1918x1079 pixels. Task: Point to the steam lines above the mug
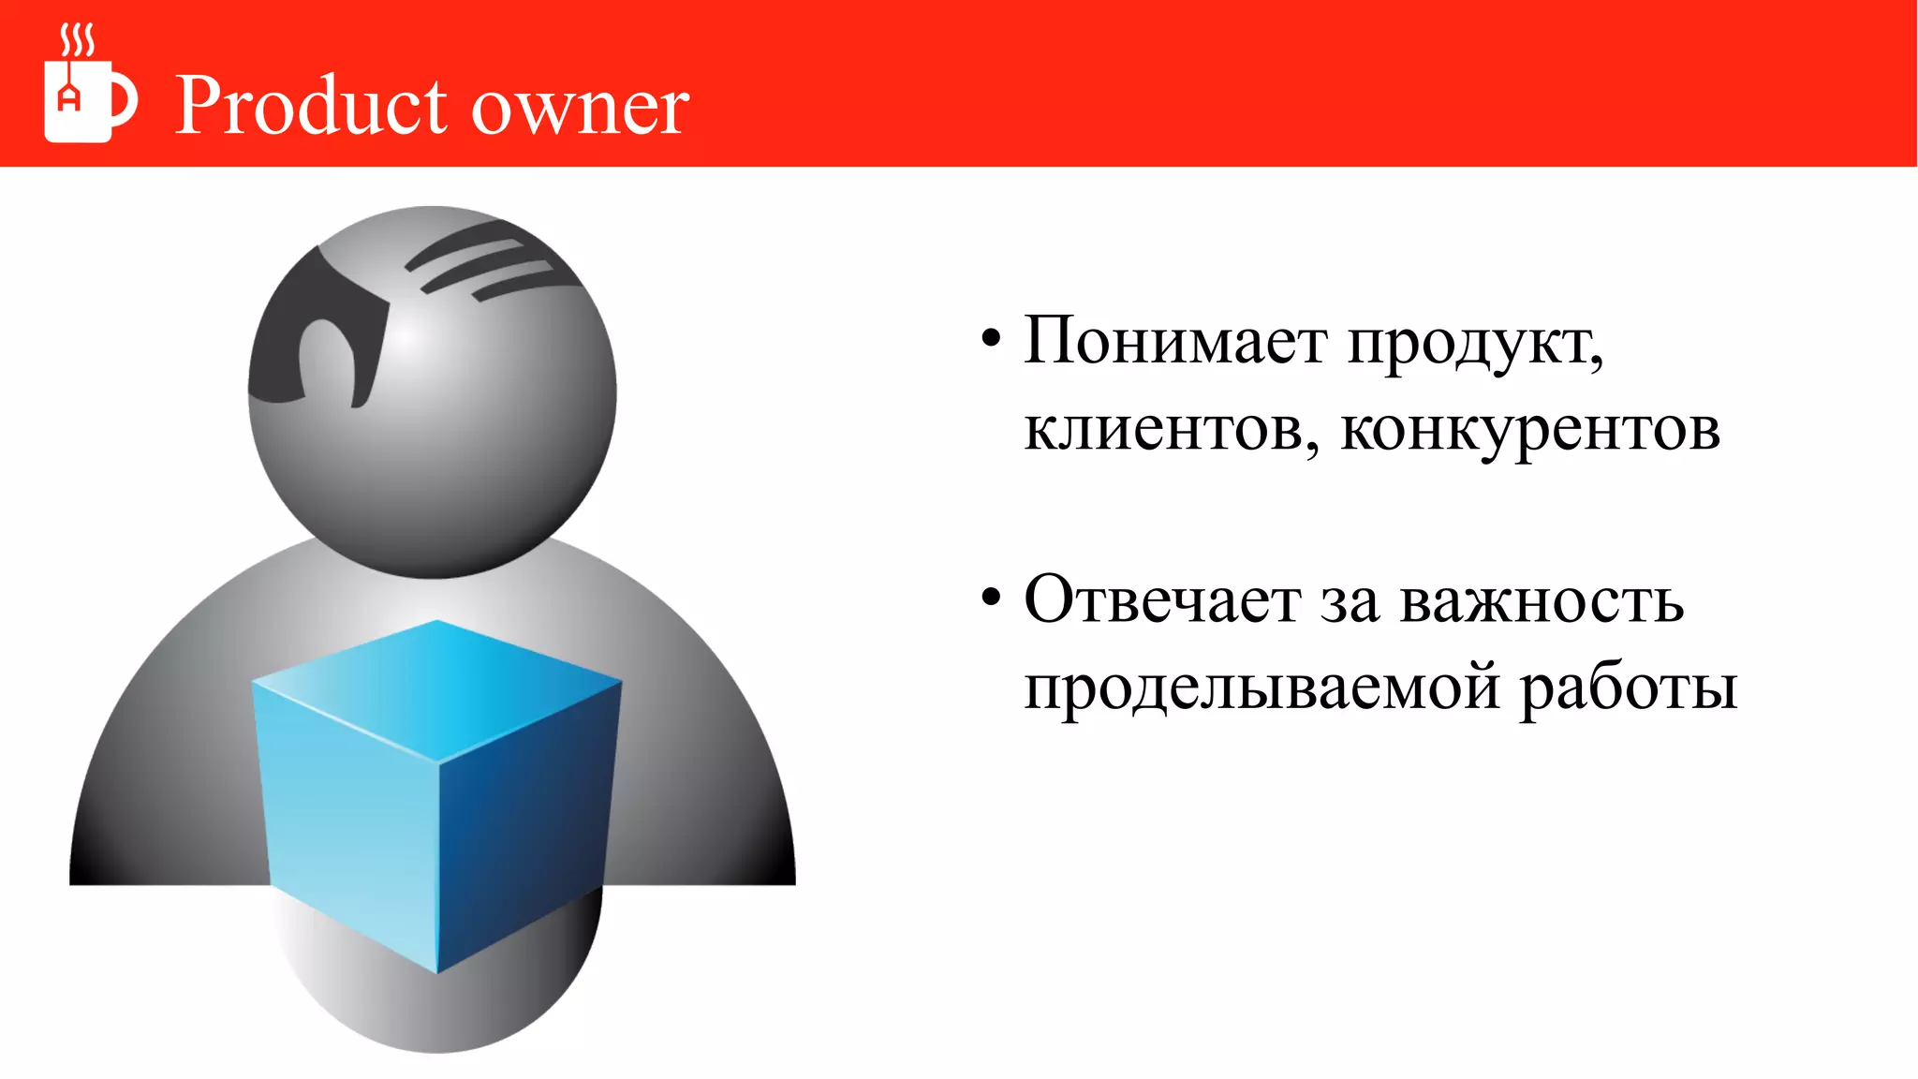click(x=77, y=40)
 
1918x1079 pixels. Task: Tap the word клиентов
click(x=1171, y=431)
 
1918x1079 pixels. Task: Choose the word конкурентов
click(x=1530, y=431)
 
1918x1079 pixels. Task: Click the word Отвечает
click(x=1162, y=599)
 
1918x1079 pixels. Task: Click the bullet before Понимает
click(x=991, y=338)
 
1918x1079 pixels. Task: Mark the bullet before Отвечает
click(x=991, y=597)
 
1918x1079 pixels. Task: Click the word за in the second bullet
click(x=1350, y=601)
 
